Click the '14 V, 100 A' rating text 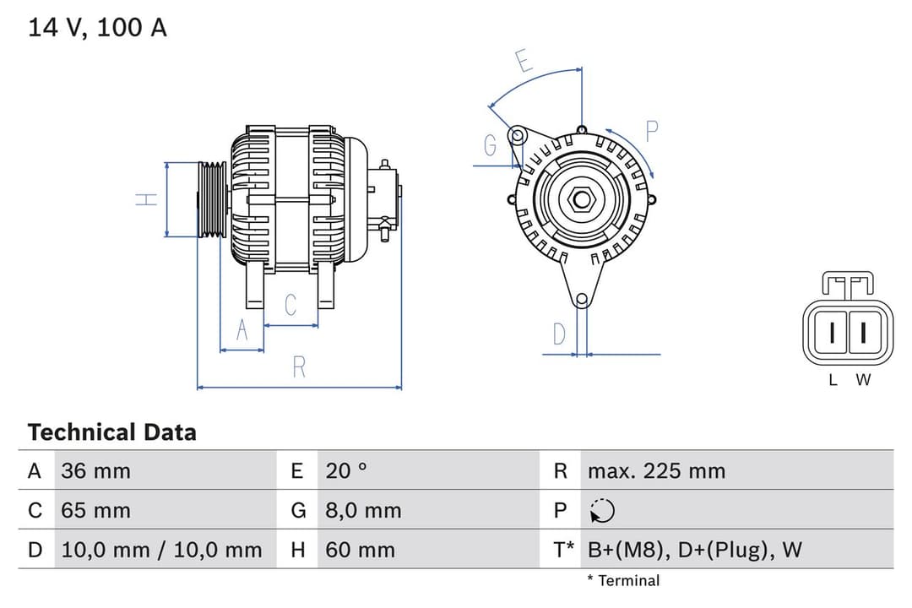[98, 28]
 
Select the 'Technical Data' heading [111, 432]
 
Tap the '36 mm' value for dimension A [95, 470]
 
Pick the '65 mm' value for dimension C [95, 510]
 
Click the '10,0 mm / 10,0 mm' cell [161, 551]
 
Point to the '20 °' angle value [346, 470]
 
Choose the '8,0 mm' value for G [363, 510]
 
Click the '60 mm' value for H [360, 551]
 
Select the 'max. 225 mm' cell [656, 470]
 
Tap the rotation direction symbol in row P [602, 511]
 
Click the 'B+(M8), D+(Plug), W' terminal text [694, 551]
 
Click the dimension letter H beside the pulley [147, 199]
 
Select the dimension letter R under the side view [299, 367]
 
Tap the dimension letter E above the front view [524, 62]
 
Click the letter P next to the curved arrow [651, 131]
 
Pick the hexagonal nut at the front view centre [581, 199]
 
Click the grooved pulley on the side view [212, 199]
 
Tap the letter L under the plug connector [833, 380]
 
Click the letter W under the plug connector [862, 380]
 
